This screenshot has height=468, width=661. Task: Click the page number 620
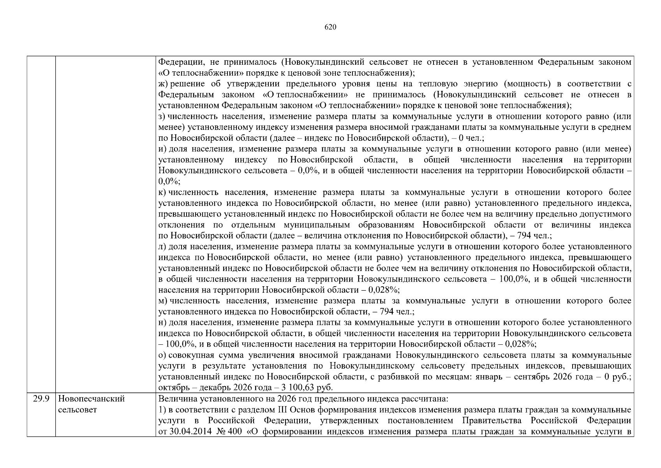pos(330,27)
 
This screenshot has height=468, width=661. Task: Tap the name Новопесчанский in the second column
pos(92,399)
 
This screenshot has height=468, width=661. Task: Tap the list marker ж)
pos(163,84)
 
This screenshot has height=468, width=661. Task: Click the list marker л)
pos(162,246)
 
